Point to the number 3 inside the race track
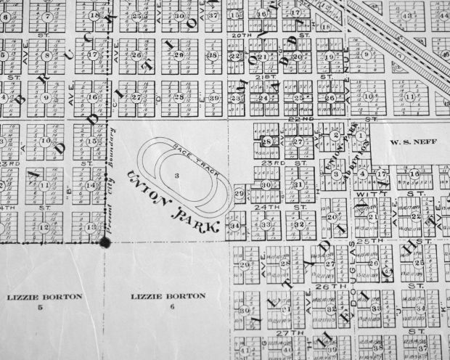pos(176,176)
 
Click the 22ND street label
pos(332,118)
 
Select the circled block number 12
pos(45,226)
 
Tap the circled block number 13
pos(91,227)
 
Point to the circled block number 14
pos(91,185)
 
